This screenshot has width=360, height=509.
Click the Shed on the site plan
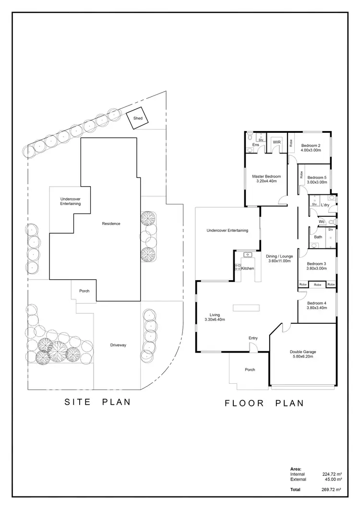(x=138, y=118)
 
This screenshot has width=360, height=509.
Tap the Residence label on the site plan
(x=111, y=224)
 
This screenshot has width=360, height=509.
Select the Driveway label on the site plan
(x=118, y=345)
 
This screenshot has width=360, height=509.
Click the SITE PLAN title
(x=97, y=402)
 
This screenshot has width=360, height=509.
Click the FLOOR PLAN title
(x=264, y=403)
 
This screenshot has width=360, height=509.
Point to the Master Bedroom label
(x=266, y=177)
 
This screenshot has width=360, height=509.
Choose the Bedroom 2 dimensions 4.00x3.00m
(x=311, y=150)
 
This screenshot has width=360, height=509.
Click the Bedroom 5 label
(x=317, y=178)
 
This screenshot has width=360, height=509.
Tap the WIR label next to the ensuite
(x=276, y=142)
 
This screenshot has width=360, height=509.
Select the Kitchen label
(x=248, y=268)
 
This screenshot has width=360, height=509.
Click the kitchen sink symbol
(x=248, y=255)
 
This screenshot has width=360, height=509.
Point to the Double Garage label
(x=303, y=352)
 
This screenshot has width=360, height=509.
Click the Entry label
(x=253, y=338)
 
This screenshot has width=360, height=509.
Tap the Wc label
(x=322, y=222)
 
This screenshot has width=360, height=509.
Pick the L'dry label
(x=325, y=205)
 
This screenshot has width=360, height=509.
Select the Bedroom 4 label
(x=316, y=303)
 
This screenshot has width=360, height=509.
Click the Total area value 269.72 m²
(x=332, y=489)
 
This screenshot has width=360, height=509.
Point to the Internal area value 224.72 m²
(x=332, y=474)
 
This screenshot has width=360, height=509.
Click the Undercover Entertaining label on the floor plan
(x=227, y=230)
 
